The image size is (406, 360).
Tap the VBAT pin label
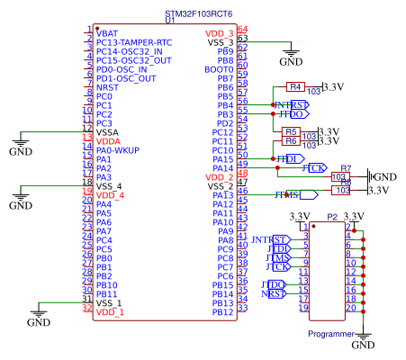[x=107, y=32]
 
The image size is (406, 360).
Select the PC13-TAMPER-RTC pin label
[x=134, y=41]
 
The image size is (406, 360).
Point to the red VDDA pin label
[x=108, y=141]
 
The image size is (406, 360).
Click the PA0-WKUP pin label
[x=119, y=150]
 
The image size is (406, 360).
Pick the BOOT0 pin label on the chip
[x=219, y=68]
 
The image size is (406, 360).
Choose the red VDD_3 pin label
[x=217, y=32]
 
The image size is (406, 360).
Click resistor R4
[x=295, y=86]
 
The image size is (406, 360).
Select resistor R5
[x=289, y=131]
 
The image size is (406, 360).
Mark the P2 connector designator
[x=332, y=217]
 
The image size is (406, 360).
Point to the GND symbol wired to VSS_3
[x=290, y=59]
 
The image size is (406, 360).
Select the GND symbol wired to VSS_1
[x=38, y=319]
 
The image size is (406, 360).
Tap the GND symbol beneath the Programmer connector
[x=362, y=343]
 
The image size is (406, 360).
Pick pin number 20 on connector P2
[x=347, y=308]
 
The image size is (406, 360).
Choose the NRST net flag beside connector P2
[x=273, y=293]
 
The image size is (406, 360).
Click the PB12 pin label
[x=221, y=312]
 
